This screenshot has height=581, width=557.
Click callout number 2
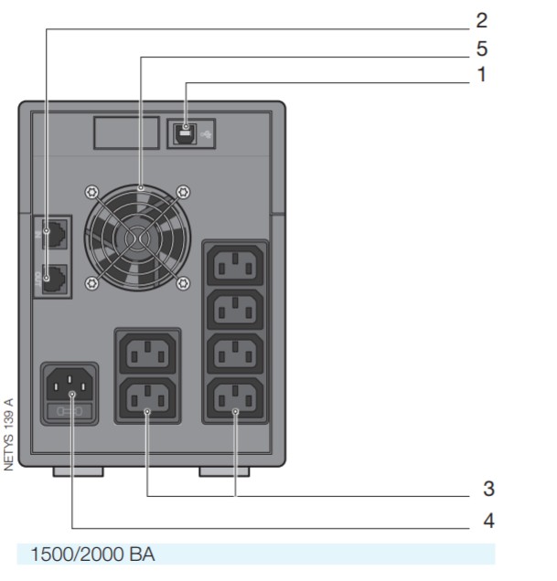[481, 20]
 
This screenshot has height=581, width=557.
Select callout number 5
[481, 48]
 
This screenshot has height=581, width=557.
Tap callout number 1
[481, 75]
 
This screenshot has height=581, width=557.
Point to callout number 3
[488, 489]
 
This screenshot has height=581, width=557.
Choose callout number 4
[488, 521]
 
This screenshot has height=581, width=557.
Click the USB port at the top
[187, 132]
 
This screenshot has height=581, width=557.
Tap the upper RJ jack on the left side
[56, 236]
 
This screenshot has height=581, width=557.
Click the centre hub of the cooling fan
[136, 238]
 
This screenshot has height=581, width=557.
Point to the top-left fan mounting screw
[90, 192]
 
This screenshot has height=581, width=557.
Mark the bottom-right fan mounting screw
[183, 283]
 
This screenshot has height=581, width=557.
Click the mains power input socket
[70, 388]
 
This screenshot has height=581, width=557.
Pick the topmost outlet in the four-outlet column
[235, 265]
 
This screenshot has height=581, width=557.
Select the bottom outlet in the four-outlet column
[235, 398]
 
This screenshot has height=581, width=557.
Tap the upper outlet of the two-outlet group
[146, 354]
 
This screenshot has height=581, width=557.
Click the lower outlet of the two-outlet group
[146, 398]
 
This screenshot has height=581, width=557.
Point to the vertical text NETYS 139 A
[9, 434]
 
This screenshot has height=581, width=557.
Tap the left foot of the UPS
[78, 471]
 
